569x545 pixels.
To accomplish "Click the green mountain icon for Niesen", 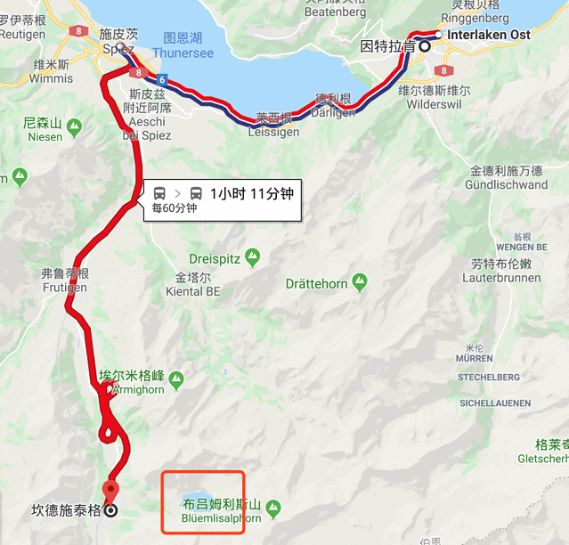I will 74,125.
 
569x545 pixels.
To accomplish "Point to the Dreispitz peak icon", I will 253,257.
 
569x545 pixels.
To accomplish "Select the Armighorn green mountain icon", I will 176,380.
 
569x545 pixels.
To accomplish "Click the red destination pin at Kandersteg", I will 111,491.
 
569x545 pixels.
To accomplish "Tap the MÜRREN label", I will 474,358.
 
